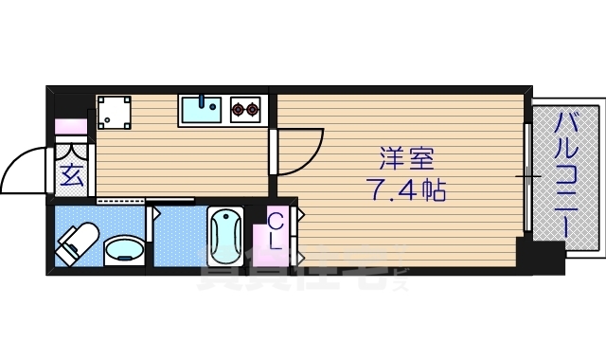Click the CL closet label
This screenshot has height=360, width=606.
point(276,231)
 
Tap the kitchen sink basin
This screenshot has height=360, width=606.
point(201,110)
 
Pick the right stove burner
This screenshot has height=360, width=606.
point(253,111)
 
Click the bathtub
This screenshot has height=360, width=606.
point(225,237)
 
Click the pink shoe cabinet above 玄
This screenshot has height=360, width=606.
point(71,125)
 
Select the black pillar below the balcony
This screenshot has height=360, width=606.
point(540,256)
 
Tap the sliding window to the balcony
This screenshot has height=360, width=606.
point(526,176)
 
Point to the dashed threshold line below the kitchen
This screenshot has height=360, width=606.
point(121,201)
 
